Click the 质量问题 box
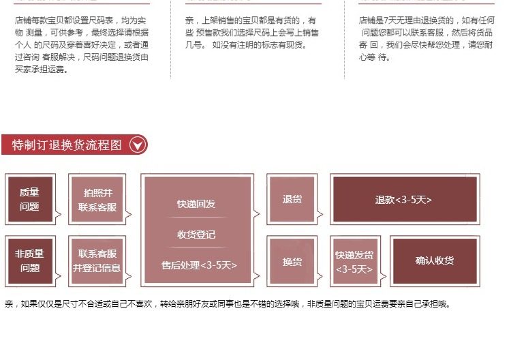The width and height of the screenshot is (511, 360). [x=29, y=199]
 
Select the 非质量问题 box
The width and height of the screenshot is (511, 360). [x=29, y=260]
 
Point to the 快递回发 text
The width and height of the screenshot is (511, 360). [x=196, y=204]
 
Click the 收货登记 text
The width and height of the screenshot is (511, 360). [x=196, y=235]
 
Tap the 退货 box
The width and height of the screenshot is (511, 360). [x=292, y=199]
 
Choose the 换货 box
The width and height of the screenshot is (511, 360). [x=292, y=260]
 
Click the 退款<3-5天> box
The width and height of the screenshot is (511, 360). [x=403, y=200]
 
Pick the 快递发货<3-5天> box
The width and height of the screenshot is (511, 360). [x=354, y=261]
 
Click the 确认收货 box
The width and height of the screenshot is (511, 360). [x=434, y=260]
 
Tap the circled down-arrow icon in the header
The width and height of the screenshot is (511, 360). [x=138, y=145]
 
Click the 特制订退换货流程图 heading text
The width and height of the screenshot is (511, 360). [x=67, y=145]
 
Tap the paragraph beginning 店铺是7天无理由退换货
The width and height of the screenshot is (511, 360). [x=426, y=39]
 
